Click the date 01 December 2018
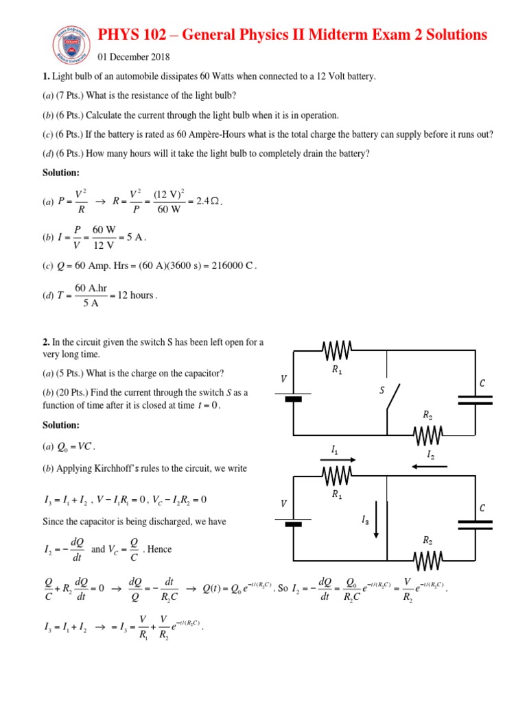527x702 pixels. click(134, 57)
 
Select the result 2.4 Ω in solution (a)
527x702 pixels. click(206, 201)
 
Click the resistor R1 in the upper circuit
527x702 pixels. click(337, 352)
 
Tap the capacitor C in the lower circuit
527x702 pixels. click(475, 524)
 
